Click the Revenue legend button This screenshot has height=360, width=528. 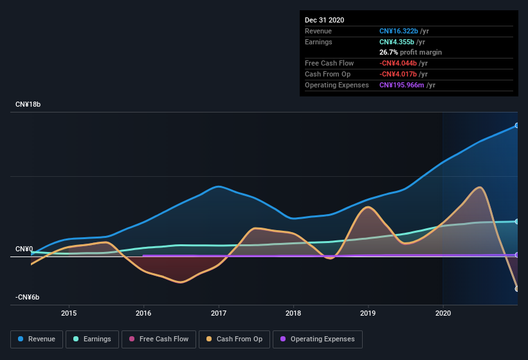tap(37, 339)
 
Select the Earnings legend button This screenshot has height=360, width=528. tap(91, 339)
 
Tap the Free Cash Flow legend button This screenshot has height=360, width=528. tap(158, 339)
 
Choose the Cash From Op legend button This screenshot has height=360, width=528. tap(234, 339)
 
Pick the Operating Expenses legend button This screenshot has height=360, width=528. tap(318, 339)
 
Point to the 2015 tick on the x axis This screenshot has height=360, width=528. tap(69, 313)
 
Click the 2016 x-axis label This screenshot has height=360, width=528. tap(143, 313)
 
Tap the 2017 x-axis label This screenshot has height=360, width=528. tap(219, 313)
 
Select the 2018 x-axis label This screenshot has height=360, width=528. tap(293, 313)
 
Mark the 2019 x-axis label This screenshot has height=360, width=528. tap(368, 313)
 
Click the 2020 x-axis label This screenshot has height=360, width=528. tap(443, 313)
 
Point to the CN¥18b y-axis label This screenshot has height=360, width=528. tap(28, 104)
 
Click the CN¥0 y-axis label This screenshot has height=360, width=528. tap(24, 249)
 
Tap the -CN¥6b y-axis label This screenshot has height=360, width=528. tap(28, 297)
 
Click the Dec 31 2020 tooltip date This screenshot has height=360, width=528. tap(324, 20)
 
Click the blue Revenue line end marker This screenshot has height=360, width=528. tap(517, 125)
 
